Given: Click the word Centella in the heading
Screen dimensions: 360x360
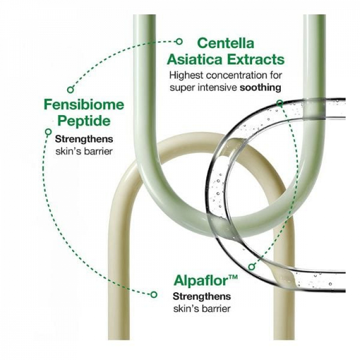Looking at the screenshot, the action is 226,43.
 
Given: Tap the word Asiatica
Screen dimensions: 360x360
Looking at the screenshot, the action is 195,60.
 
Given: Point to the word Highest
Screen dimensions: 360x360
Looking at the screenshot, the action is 186,76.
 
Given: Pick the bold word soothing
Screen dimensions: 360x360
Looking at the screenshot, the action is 260,88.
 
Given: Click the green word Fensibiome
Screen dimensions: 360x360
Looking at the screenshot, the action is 84,105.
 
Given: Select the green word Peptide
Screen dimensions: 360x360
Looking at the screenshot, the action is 84,121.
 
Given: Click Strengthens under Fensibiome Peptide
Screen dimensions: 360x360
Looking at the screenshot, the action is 84,139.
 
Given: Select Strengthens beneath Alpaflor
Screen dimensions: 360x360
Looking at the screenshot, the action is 202,297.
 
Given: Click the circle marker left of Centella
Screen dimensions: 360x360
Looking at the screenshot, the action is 179,42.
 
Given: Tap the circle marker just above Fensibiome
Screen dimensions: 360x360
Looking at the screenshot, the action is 71,90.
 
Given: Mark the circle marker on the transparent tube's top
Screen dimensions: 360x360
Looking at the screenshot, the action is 280,104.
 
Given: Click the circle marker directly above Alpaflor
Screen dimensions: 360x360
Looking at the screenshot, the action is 252,266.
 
